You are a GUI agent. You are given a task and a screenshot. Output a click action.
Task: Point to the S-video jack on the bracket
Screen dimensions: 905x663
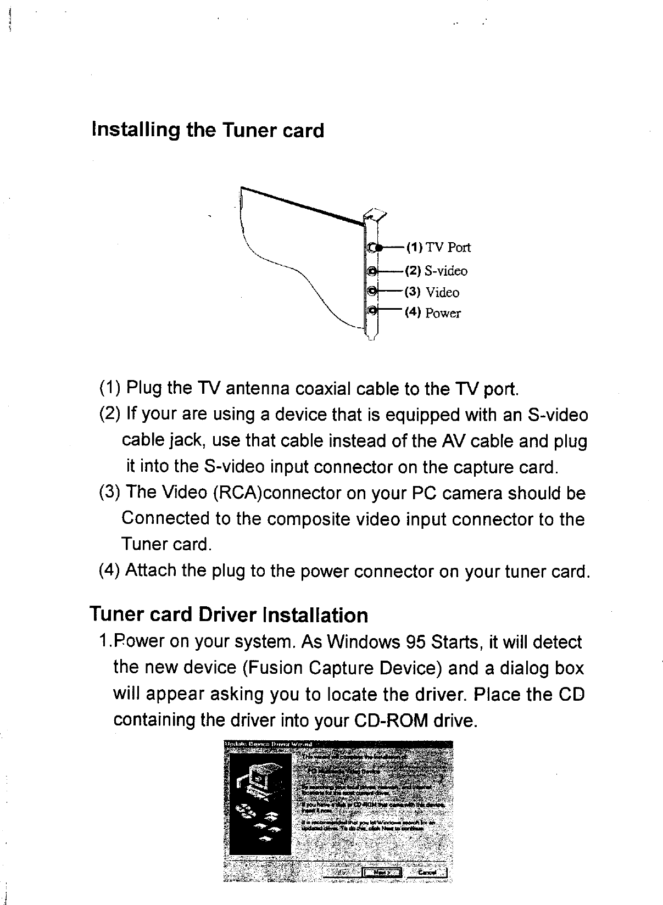coord(372,271)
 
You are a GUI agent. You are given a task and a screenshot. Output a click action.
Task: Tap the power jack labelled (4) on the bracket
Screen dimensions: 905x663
coord(372,311)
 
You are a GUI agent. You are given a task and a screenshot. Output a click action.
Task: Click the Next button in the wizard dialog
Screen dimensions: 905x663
coord(382,872)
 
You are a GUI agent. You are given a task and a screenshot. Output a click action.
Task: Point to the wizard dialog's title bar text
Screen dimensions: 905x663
coord(269,745)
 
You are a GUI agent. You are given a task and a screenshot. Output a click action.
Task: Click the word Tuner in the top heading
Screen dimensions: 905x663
coord(247,131)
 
